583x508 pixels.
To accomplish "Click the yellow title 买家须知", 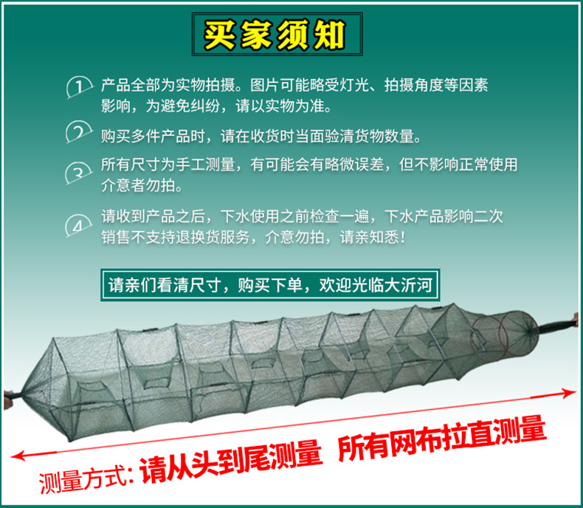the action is click(275, 35).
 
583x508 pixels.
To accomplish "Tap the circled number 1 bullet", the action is click(79, 87).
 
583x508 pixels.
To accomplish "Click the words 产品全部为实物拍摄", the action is click(168, 85).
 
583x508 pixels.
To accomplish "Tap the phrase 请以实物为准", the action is click(283, 106).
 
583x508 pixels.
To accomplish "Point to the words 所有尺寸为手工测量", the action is click(168, 165).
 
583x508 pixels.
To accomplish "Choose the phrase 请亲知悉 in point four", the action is click(372, 237).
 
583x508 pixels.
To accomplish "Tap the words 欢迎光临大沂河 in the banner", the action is click(376, 285).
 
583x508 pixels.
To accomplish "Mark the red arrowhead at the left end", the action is click(18, 455).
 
